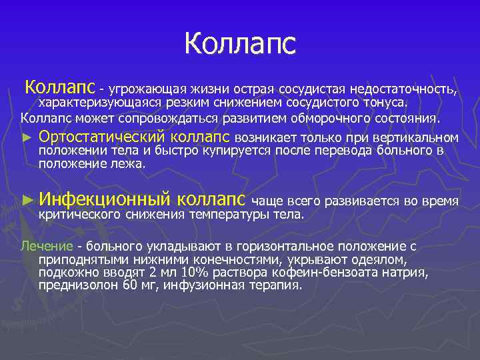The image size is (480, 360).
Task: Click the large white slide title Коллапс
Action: [x=239, y=45]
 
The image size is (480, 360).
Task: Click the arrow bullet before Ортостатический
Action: [x=27, y=138]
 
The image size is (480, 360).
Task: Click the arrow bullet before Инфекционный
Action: [x=27, y=201]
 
